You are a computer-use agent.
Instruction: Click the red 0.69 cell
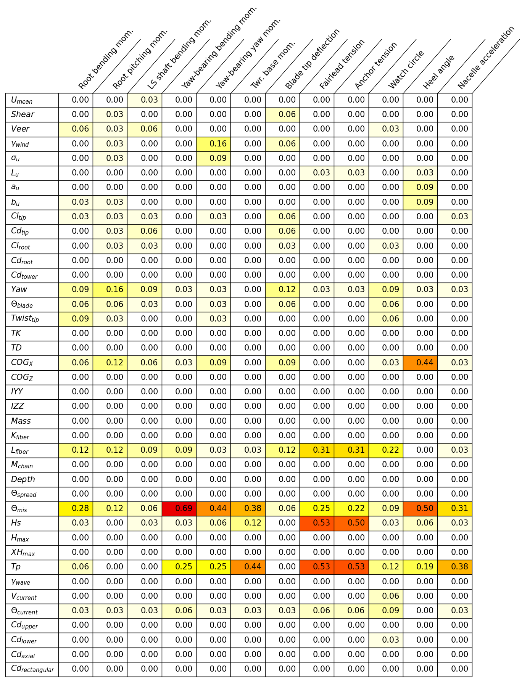coord(179,508)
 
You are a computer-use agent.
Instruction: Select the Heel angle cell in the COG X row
coord(420,363)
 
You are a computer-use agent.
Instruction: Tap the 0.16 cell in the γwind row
coord(214,144)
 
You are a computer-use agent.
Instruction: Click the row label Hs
coord(16,523)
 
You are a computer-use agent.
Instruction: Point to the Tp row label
coord(16,567)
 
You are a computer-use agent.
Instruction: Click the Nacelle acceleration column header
coord(486,58)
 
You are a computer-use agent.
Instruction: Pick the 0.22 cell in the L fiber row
coord(386,450)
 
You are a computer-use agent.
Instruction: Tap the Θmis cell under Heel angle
coord(420,508)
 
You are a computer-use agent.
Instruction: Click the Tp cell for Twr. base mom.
coord(248,567)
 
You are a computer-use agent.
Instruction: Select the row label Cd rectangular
coord(32,669)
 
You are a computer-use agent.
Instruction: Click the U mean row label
coord(22,100)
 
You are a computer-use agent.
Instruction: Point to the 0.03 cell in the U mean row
coord(145,100)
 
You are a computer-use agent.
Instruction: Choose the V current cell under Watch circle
coord(386,596)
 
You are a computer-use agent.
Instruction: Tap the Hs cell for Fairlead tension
coord(317,523)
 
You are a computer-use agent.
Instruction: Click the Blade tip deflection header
coord(313,59)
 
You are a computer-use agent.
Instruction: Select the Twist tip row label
coord(25,319)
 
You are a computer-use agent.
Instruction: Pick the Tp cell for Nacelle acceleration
coord(455,567)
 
